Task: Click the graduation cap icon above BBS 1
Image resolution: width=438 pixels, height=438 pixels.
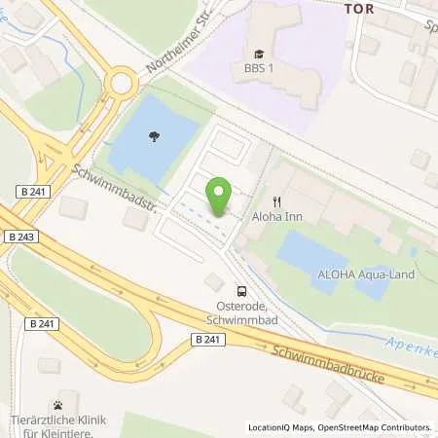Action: pyautogui.click(x=259, y=54)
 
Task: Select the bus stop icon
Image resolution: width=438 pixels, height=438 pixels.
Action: pyautogui.click(x=241, y=290)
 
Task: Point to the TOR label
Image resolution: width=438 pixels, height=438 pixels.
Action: pyautogui.click(x=360, y=6)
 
